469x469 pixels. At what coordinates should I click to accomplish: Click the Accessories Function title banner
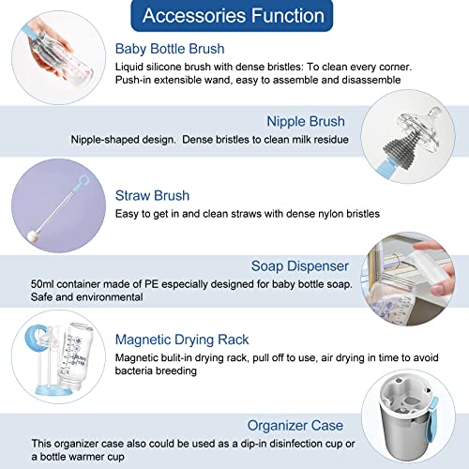(x=232, y=16)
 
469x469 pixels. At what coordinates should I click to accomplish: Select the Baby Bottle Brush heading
(x=170, y=49)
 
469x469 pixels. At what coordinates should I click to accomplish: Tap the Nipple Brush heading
(x=306, y=121)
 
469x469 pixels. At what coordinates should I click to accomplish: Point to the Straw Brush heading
(x=152, y=196)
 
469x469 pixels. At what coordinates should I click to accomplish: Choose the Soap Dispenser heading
(x=300, y=266)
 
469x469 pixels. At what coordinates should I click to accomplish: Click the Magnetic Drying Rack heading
(x=182, y=340)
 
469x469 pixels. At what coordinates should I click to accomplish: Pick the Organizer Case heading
(x=295, y=426)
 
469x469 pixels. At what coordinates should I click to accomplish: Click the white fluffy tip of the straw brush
(x=32, y=236)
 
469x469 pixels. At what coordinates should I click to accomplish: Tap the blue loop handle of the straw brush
(x=83, y=180)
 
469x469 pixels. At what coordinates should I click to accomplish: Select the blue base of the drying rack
(x=55, y=390)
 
